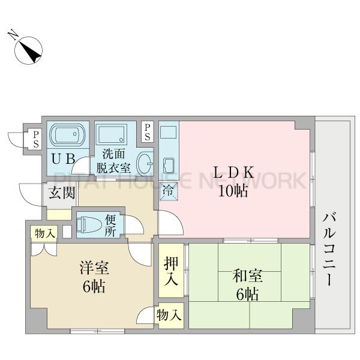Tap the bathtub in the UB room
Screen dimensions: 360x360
(67, 135)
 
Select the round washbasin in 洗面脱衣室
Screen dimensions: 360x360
(145, 163)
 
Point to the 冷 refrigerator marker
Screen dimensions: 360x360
(169, 191)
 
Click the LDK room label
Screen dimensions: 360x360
(233, 172)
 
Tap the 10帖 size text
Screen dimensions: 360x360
(233, 191)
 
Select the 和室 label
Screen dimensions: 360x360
(247, 275)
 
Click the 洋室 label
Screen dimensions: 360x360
(94, 268)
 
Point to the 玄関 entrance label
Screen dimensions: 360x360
(62, 193)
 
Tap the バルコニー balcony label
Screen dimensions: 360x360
(329, 250)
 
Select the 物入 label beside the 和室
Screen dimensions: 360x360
(169, 315)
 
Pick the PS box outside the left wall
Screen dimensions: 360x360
(36, 139)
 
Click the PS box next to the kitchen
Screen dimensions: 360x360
(148, 133)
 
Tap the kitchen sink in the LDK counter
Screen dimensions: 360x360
(169, 166)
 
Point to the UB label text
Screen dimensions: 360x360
(63, 159)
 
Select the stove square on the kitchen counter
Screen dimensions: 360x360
(169, 132)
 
